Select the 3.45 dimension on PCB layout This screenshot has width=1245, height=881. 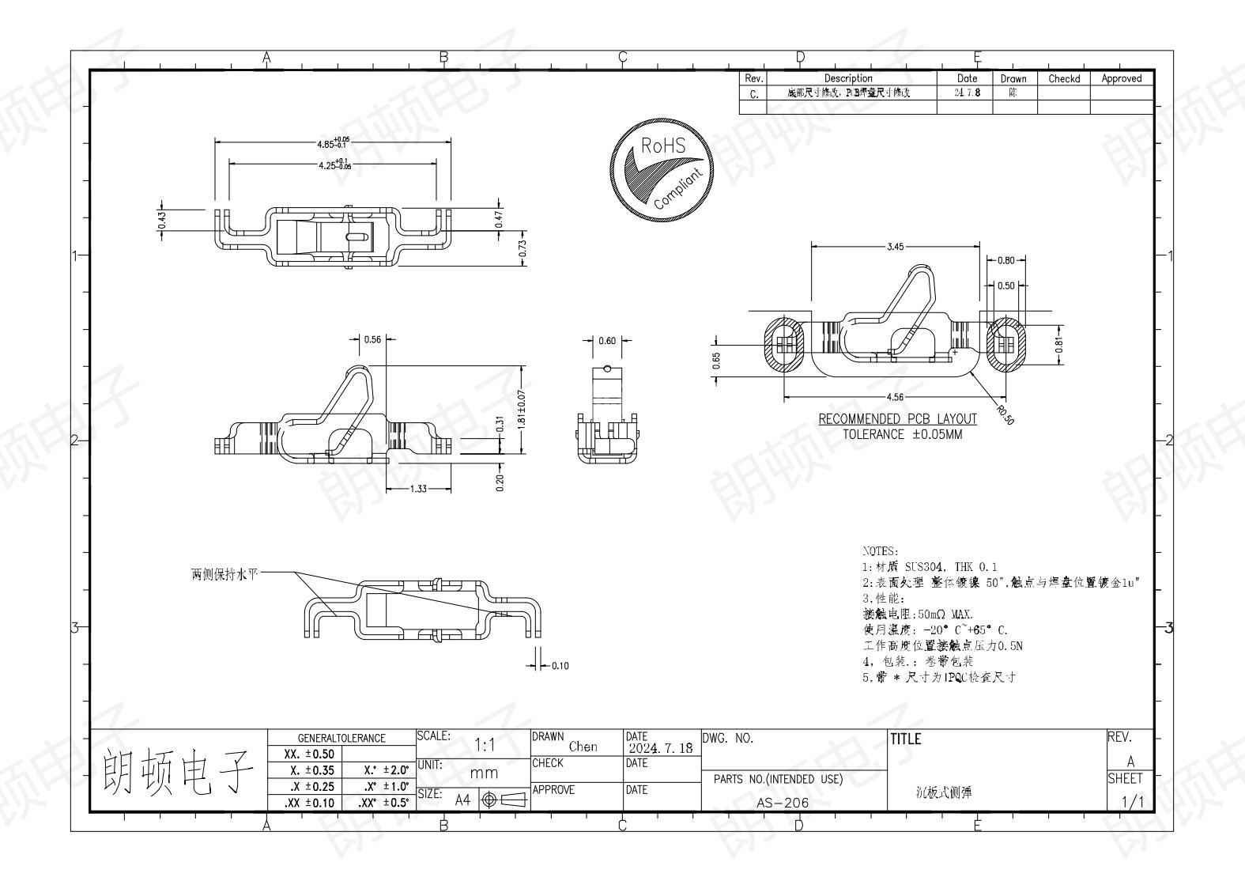[894, 247]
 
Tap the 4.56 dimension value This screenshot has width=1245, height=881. [894, 398]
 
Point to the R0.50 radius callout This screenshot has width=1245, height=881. [1004, 414]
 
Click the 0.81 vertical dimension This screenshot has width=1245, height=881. [1059, 345]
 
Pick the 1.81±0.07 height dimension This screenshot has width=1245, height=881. [521, 410]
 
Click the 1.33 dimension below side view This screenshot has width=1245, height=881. [418, 490]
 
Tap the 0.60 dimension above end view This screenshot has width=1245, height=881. [606, 341]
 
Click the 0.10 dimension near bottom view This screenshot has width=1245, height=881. [560, 666]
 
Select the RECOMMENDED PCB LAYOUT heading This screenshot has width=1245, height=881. [897, 419]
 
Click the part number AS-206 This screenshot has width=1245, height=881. [783, 802]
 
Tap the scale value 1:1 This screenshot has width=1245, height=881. [484, 745]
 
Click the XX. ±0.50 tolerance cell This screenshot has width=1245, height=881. [308, 754]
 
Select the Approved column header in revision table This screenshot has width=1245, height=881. [1121, 78]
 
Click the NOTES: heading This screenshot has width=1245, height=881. [879, 550]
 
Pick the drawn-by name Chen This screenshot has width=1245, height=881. [583, 747]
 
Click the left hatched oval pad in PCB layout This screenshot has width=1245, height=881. [783, 346]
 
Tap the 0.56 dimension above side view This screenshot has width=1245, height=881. [372, 339]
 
